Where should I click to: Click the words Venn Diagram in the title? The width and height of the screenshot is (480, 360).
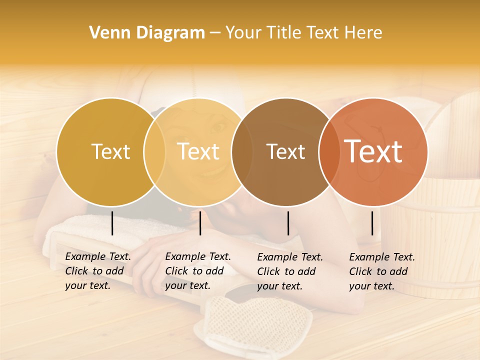[x=147, y=33]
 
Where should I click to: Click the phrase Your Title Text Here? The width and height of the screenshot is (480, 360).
[x=303, y=33]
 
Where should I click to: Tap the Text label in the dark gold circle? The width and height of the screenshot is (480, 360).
[x=110, y=151]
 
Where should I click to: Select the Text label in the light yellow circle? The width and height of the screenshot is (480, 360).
[x=198, y=151]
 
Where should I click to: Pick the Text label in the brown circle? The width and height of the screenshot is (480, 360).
[x=285, y=151]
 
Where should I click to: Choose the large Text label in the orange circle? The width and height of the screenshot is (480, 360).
[x=373, y=151]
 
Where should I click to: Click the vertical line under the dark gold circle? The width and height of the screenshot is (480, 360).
[x=112, y=223]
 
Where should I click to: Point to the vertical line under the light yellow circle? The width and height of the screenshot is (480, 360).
[x=200, y=223]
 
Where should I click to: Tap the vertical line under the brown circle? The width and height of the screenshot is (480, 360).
[x=288, y=223]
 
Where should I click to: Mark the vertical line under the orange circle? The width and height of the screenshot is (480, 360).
[x=372, y=223]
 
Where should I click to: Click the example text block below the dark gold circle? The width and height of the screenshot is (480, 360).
[x=98, y=271]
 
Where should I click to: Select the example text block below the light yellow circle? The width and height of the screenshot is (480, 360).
[x=198, y=271]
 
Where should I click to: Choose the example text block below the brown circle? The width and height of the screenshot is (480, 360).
[x=290, y=271]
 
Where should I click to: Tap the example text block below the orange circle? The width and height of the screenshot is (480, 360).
[x=382, y=271]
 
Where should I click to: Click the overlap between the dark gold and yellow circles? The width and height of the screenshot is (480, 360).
[x=154, y=151]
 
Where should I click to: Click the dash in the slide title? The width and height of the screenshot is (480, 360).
[x=215, y=33]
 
